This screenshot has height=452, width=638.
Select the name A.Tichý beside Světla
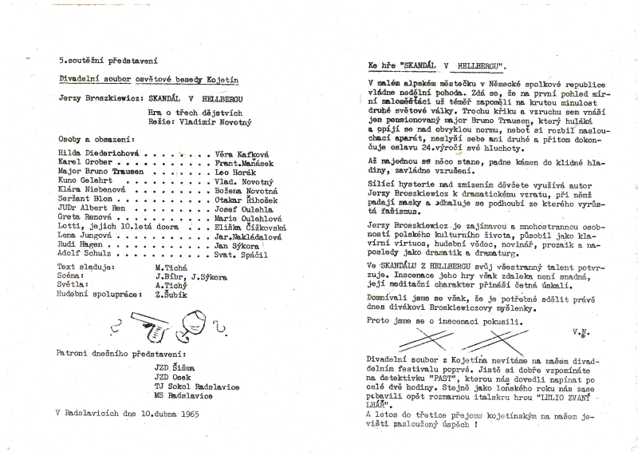pos(171,284)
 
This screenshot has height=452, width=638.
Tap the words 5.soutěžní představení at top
pos(106,61)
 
